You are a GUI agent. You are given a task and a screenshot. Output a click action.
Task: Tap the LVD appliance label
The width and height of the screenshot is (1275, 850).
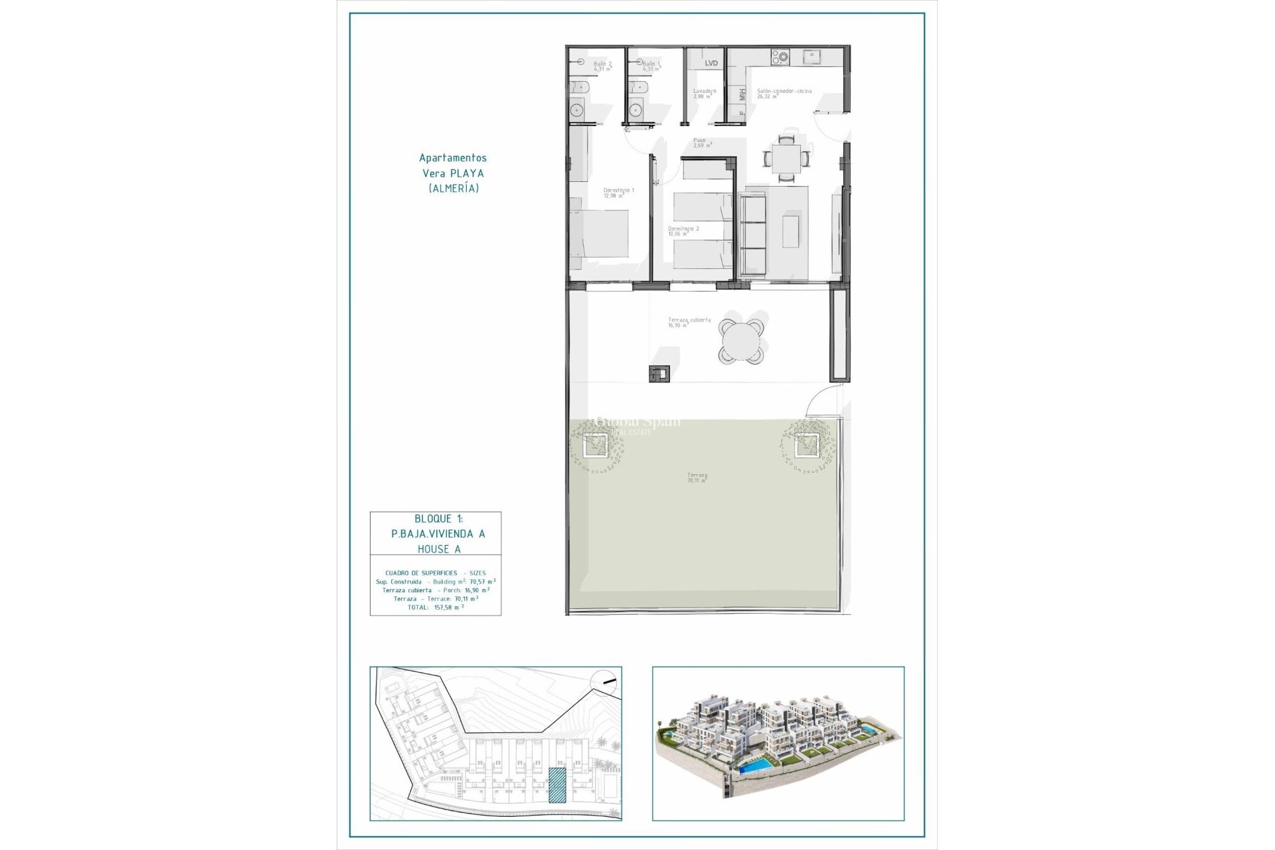pos(711,63)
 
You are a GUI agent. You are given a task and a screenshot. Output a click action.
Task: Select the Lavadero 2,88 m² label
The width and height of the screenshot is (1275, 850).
pos(703,94)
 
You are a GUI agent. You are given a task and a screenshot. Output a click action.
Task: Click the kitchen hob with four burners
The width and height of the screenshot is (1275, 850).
pos(780,58)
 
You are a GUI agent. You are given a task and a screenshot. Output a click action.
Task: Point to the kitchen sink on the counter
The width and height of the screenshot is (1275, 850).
pos(811,58)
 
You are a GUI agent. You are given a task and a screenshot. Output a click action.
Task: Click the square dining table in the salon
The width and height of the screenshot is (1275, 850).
pos(787,159)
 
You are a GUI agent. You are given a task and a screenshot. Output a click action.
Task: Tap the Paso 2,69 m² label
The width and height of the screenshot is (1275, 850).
pos(702,143)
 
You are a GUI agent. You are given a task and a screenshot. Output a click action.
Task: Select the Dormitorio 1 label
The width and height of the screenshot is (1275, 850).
pos(618,193)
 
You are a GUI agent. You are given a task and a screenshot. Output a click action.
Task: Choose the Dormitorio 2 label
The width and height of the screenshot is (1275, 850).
pos(683,230)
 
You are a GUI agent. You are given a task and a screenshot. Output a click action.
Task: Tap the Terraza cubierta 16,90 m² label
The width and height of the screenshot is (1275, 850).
pos(689,322)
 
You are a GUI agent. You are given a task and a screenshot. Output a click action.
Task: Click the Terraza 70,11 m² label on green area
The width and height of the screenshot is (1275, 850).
pos(697,477)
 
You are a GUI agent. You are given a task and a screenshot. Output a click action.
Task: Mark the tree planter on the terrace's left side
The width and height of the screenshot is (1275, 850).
pos(595,445)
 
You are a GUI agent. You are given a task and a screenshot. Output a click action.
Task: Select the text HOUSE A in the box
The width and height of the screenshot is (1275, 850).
pos(439,549)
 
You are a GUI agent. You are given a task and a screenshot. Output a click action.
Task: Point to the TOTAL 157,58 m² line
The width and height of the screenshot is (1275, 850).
pos(436,607)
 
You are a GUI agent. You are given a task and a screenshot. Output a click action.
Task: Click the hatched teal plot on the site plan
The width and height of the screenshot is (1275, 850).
pos(556,785)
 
